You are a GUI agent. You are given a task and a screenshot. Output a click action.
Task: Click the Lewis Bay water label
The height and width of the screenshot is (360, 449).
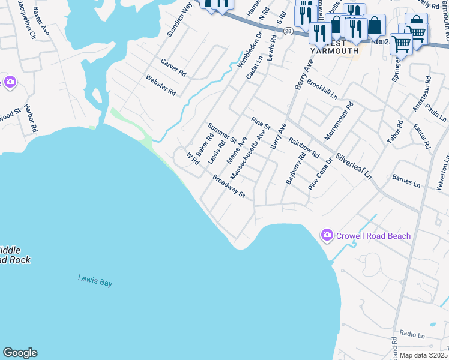coord(95,280)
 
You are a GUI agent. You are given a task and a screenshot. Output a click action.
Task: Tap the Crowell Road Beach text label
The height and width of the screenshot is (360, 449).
coord(373,236)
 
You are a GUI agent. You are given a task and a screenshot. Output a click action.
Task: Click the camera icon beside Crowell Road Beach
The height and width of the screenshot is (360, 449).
coord(327,235)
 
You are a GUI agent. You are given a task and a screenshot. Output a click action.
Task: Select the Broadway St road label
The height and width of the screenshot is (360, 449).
coord(229,186)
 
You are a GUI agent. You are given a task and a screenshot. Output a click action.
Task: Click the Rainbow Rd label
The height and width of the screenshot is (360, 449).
coord(303,148)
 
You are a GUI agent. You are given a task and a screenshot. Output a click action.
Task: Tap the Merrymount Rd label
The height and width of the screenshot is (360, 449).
coord(339,121)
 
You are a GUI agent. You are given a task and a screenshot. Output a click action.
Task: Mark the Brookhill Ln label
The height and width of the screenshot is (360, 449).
coord(322,90)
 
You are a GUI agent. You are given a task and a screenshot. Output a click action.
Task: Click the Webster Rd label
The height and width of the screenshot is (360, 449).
coord(160,85)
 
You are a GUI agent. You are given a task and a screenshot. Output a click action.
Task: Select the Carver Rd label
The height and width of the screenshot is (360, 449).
coord(173,67)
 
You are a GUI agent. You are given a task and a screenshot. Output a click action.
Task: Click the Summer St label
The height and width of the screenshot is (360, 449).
coord(221,133)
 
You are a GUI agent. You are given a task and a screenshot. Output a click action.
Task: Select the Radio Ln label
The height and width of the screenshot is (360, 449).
coord(412,334)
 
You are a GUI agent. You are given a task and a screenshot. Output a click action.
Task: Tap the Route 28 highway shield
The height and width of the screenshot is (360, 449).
coord(289,31)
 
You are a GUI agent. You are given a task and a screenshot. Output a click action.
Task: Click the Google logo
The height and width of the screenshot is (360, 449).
coord(20,353)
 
